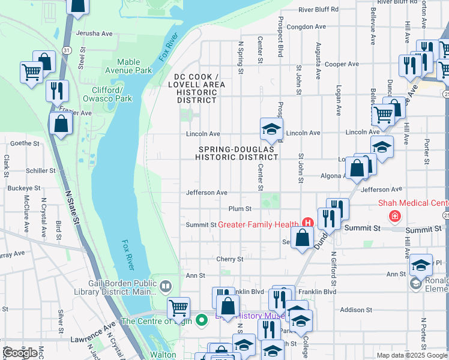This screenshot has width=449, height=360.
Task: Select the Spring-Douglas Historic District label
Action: pyautogui.click(x=237, y=153)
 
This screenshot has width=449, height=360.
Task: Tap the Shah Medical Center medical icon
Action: pyautogui.click(x=394, y=216)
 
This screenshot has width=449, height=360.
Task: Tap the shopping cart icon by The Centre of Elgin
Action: pyautogui.click(x=178, y=308)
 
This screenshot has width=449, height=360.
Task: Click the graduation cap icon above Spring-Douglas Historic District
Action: pyautogui.click(x=271, y=128)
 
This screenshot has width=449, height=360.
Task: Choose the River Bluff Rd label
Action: pyautogui.click(x=318, y=10)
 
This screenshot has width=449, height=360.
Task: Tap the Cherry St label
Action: pyautogui.click(x=231, y=259)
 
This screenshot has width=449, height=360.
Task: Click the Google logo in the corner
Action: pyautogui.click(x=20, y=353)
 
